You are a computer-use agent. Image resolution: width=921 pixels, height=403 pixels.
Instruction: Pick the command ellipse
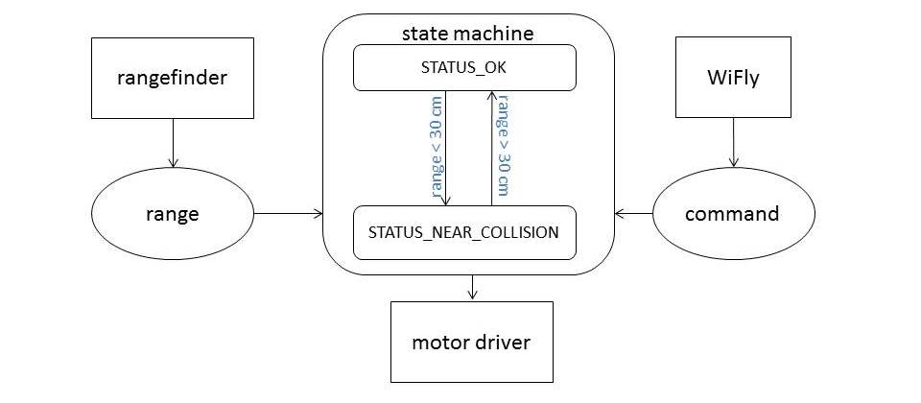coord(732,214)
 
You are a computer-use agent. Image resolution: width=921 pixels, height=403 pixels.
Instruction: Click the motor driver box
coord(472,341)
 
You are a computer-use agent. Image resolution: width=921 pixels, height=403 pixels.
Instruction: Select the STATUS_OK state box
coord(464,69)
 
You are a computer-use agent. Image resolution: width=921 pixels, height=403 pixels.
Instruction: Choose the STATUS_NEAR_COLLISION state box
coord(464,232)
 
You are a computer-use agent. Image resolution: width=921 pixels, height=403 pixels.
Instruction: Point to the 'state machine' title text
coord(468,34)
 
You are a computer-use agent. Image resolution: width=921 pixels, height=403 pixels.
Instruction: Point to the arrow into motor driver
coord(472,288)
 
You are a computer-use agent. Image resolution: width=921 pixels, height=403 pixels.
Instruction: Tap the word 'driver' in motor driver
coord(505,342)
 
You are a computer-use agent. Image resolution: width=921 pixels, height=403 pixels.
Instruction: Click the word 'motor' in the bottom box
coord(441,342)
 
